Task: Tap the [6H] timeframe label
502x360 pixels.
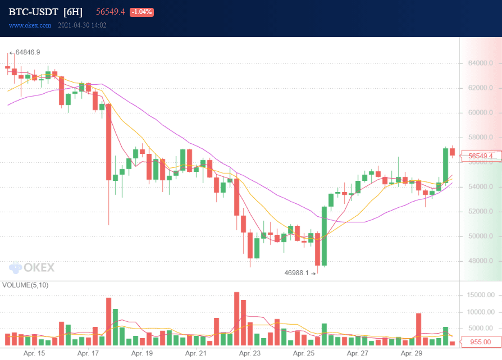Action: pos(73,12)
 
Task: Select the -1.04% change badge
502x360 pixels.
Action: pos(142,12)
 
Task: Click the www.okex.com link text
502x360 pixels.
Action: pos(30,25)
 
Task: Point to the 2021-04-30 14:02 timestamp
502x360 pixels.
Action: pos(83,25)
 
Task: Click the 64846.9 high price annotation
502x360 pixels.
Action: pos(28,52)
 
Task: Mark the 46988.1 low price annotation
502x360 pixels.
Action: pos(297,273)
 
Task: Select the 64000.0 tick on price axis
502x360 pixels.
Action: pos(480,63)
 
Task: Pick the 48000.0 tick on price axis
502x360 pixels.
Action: pos(480,261)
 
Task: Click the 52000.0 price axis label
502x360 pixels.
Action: pos(480,212)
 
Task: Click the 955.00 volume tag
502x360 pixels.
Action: pos(480,341)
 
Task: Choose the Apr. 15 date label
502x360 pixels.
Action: pos(34,354)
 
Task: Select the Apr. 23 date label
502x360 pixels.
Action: pos(249,354)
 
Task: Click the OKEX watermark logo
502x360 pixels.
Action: pos(32,268)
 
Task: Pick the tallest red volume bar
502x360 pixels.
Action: pos(236,318)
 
